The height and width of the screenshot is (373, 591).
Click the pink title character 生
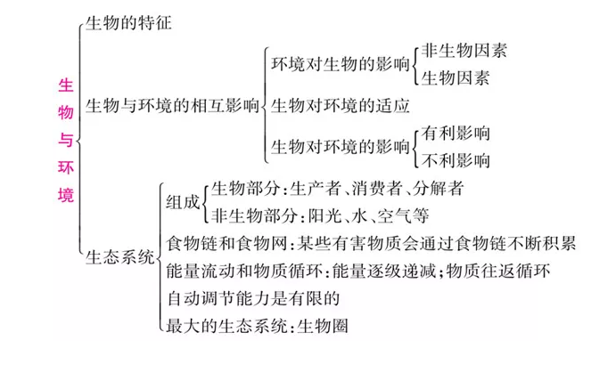coord(66,85)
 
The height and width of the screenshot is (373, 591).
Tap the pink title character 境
coord(66,195)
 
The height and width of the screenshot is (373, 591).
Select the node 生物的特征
coord(128,22)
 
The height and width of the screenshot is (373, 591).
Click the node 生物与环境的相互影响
coord(172,105)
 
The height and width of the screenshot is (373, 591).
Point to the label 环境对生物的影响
coord(341,64)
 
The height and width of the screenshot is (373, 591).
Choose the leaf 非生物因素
coord(464,51)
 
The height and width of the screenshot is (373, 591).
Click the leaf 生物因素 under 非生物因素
coord(456,78)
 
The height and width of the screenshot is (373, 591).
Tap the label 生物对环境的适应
coord(341,105)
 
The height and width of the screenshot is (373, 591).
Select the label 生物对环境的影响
coord(341,146)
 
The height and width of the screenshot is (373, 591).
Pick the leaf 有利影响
coord(456,133)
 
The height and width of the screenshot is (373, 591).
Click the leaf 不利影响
coord(456,160)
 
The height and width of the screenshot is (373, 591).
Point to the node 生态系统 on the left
coord(119,257)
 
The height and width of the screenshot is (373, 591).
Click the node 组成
coord(183,202)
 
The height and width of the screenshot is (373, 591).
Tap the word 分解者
coord(438,188)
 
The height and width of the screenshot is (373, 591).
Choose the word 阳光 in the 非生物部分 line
coord(324,216)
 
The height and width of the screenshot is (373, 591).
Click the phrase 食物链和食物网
coord(226,244)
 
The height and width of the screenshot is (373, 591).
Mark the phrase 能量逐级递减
coord(383,271)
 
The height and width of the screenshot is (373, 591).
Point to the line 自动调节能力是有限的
coord(253,298)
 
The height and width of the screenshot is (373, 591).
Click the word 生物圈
coord(323,326)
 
